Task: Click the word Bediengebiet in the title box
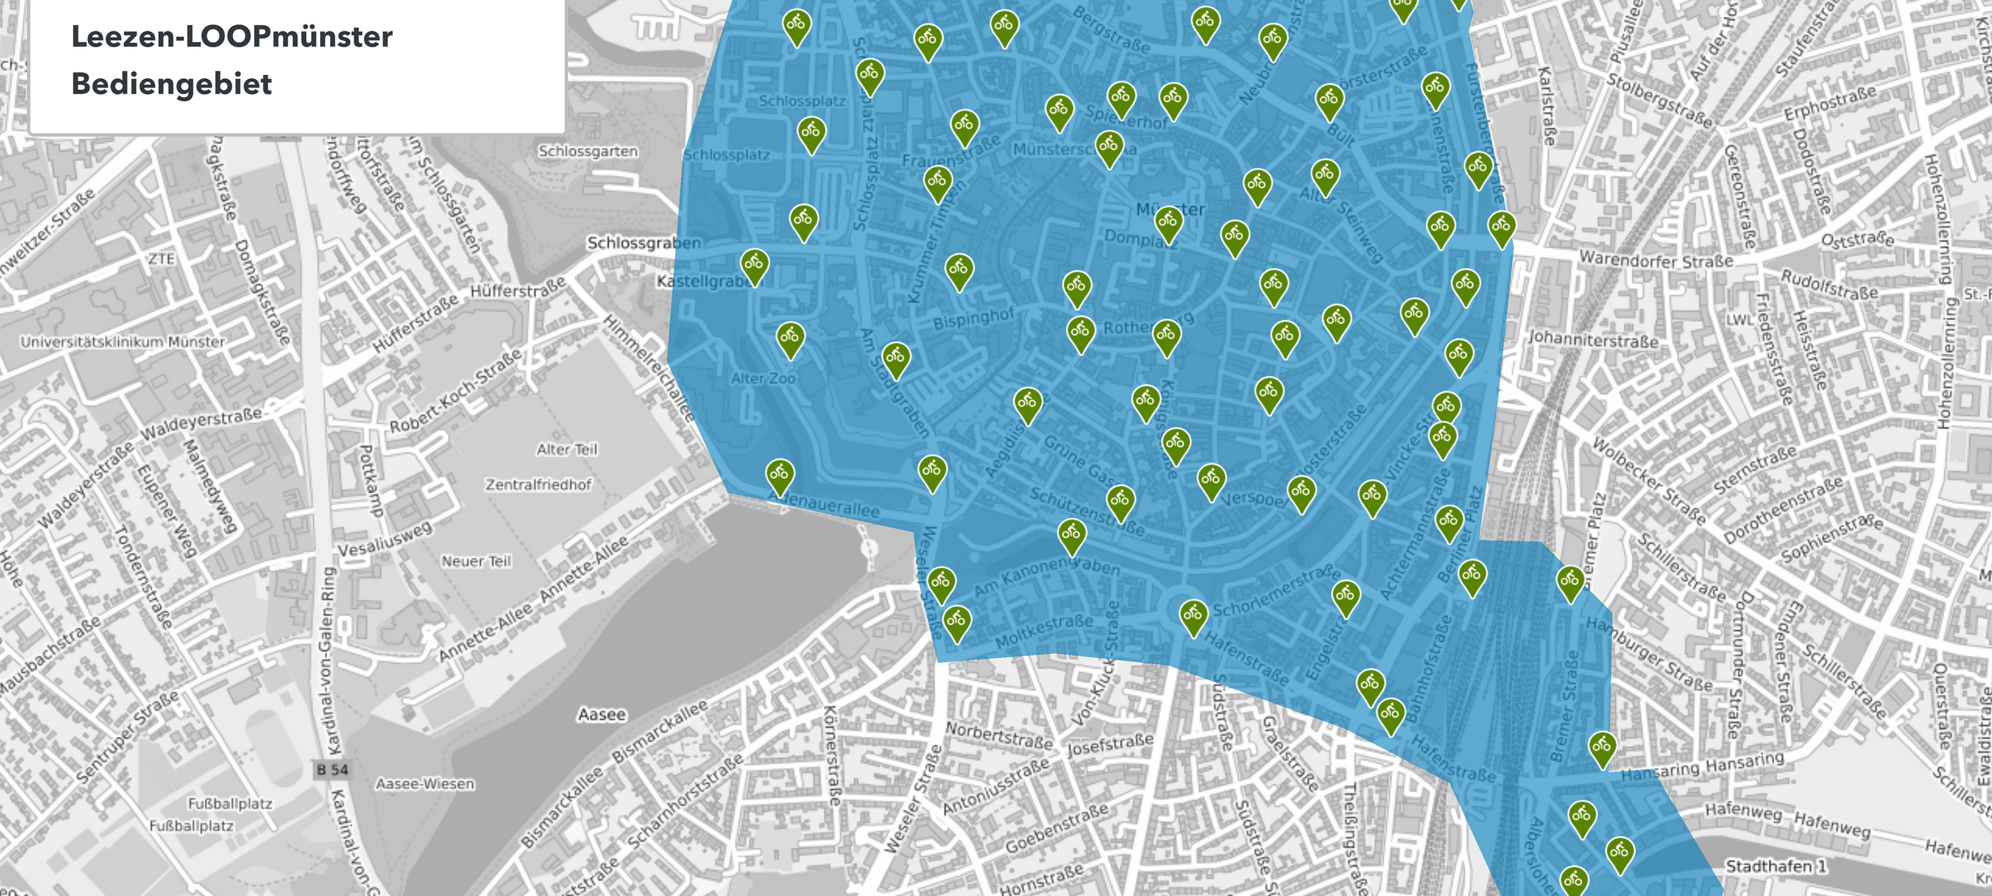click(172, 83)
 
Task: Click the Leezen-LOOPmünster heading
click(232, 36)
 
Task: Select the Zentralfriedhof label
click(538, 484)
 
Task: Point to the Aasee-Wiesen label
click(424, 784)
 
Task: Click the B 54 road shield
click(333, 770)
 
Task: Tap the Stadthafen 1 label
click(1776, 866)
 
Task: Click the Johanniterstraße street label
click(1593, 339)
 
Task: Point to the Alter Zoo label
click(763, 378)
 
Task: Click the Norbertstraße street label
click(998, 735)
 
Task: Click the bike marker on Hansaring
click(1601, 747)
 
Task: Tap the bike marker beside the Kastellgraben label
click(754, 264)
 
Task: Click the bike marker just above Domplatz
click(1168, 221)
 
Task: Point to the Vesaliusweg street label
click(385, 539)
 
